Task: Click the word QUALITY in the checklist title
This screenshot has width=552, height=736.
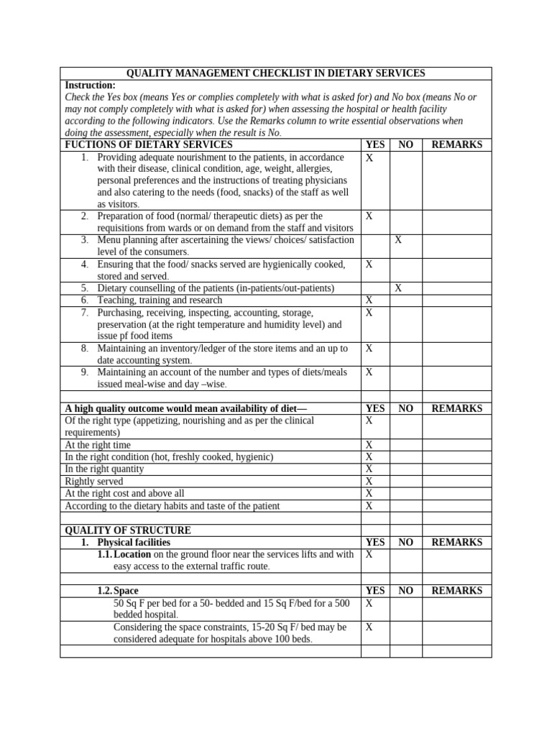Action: [149, 73]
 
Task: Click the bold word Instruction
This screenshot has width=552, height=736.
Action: [89, 85]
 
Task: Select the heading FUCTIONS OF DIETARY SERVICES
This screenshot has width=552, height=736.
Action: [149, 144]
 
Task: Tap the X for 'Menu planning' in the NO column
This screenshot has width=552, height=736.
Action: [398, 240]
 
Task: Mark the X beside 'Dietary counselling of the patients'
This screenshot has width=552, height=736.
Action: [398, 288]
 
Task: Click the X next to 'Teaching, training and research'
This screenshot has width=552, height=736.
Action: [369, 300]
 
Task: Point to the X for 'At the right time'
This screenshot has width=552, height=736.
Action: [369, 445]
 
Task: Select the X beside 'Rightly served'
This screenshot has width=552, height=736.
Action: [369, 481]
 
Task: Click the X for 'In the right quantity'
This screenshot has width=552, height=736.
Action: [369, 469]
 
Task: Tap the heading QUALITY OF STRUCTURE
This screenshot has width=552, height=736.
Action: [128, 530]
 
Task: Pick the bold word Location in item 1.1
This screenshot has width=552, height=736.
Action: [132, 555]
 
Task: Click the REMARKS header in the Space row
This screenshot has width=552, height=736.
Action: [456, 591]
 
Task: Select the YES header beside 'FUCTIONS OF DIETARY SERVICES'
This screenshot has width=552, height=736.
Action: [375, 144]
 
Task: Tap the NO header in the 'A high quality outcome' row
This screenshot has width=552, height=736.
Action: [405, 408]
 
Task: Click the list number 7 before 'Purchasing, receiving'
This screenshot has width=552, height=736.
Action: [84, 313]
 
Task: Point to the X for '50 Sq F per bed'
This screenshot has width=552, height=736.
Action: [369, 604]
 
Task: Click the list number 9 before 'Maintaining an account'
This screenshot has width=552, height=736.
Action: [84, 372]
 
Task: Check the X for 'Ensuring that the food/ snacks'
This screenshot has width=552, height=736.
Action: [369, 264]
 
